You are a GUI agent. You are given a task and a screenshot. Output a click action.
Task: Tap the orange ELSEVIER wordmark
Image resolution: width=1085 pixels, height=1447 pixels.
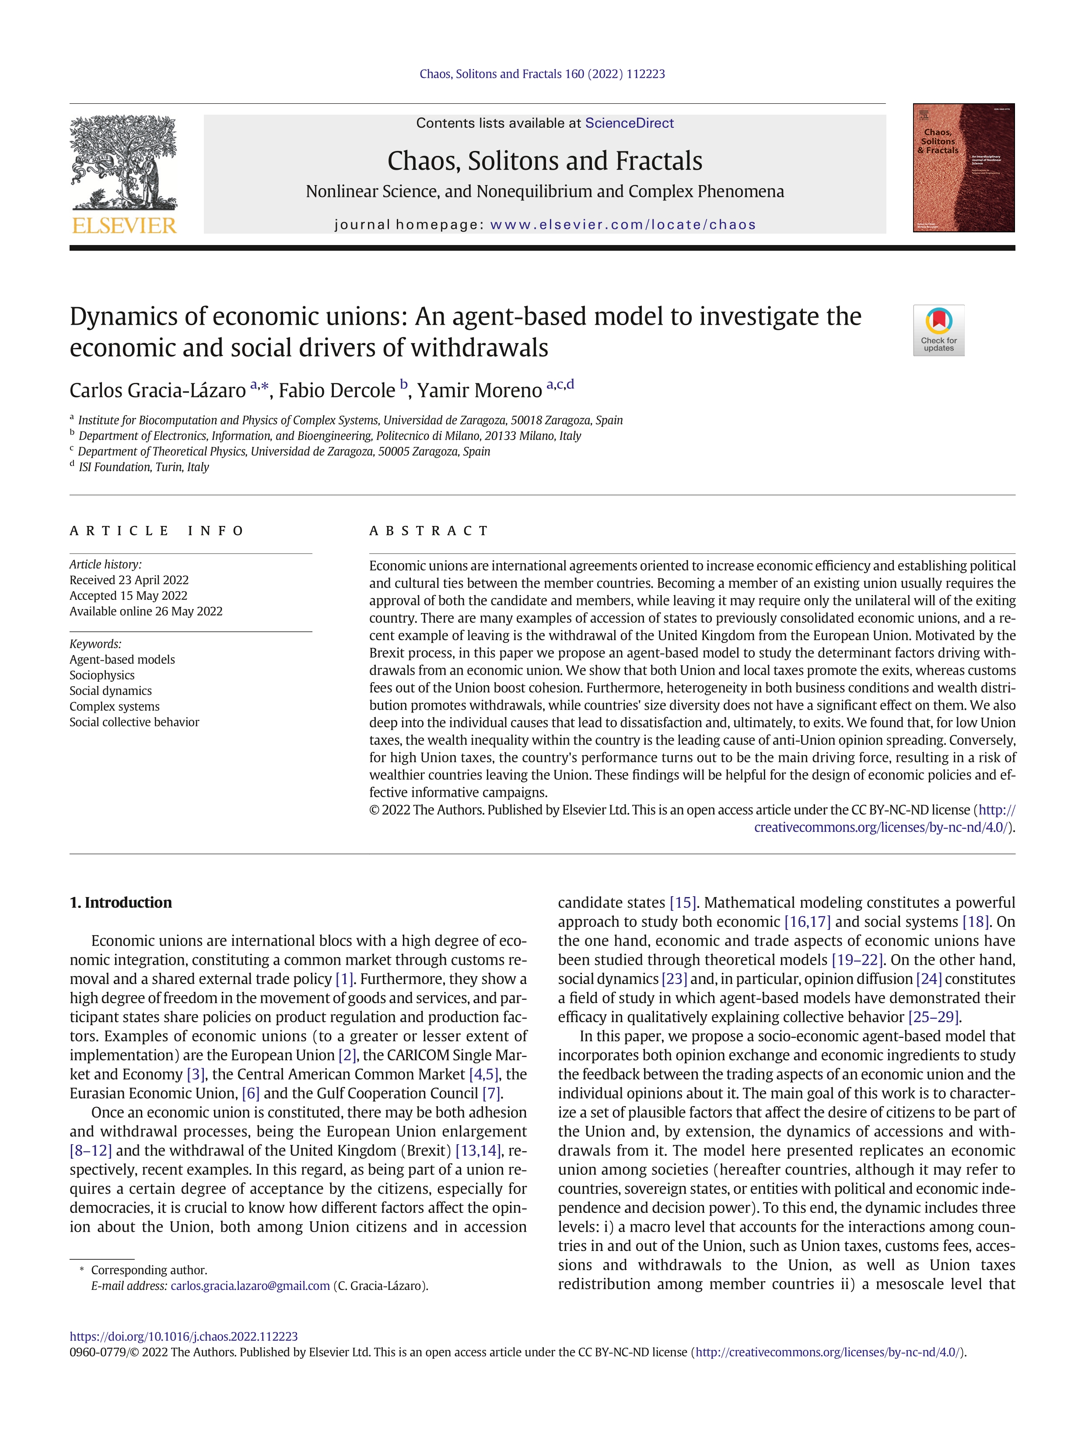(124, 226)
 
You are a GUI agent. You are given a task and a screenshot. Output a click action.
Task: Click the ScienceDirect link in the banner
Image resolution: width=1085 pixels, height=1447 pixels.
(629, 123)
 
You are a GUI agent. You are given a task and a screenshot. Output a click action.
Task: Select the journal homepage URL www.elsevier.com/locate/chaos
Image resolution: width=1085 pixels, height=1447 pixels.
(623, 224)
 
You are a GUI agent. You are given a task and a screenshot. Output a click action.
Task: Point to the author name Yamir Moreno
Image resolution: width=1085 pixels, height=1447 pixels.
(479, 391)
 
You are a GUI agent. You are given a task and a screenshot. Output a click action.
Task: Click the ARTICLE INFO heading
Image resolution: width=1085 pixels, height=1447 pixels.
(157, 530)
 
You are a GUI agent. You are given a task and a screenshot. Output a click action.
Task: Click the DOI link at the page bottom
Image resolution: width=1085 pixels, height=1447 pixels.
(184, 1336)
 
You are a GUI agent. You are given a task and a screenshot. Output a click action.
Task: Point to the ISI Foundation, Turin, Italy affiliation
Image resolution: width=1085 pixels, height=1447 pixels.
(143, 467)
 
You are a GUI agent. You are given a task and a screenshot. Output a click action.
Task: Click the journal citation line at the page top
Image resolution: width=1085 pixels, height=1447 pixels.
(542, 74)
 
